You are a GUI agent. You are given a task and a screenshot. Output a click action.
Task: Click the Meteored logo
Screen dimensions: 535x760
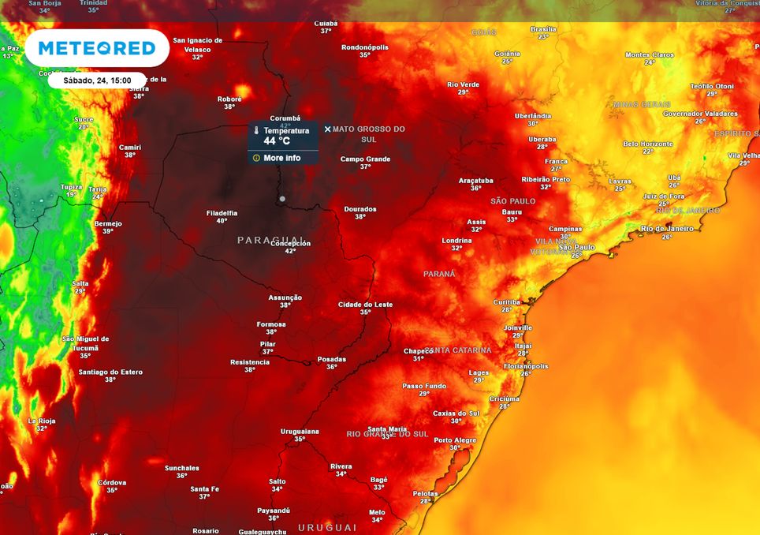[x=97, y=48]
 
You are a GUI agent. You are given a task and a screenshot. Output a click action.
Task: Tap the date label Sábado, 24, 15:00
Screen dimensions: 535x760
[x=96, y=80]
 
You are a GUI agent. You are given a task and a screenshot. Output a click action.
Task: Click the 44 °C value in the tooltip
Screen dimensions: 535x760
[x=278, y=142]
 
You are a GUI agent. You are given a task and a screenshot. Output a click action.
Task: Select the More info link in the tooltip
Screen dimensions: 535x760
[x=281, y=158]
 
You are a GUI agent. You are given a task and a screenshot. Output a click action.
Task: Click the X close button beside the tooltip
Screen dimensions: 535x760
[x=328, y=129]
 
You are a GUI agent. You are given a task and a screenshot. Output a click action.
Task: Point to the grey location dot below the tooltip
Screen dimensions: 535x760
[x=282, y=199]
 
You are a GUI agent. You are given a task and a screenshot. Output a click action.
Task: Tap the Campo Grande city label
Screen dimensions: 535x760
[x=365, y=159]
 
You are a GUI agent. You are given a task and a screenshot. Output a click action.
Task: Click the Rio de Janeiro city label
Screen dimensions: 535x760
[x=667, y=229]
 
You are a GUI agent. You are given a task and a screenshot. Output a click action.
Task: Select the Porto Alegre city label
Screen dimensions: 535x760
[x=455, y=440]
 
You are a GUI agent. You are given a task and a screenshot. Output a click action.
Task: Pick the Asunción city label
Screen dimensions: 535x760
[x=285, y=297]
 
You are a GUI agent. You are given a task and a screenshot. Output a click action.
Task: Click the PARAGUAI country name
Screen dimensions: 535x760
[x=270, y=239]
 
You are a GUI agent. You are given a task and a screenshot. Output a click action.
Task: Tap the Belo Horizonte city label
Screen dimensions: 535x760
[x=648, y=144]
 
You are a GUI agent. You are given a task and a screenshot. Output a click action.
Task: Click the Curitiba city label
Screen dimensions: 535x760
[x=507, y=302]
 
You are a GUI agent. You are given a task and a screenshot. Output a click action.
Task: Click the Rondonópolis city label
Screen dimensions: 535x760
[x=364, y=47]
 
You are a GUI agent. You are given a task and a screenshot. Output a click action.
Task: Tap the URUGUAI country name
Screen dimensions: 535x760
[x=327, y=527]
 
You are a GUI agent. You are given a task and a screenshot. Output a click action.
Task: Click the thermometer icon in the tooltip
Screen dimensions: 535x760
[x=256, y=131]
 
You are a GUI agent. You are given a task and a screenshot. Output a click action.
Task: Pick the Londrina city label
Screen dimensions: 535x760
[x=456, y=240]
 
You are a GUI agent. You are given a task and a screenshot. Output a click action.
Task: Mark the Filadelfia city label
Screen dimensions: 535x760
[x=222, y=212]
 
